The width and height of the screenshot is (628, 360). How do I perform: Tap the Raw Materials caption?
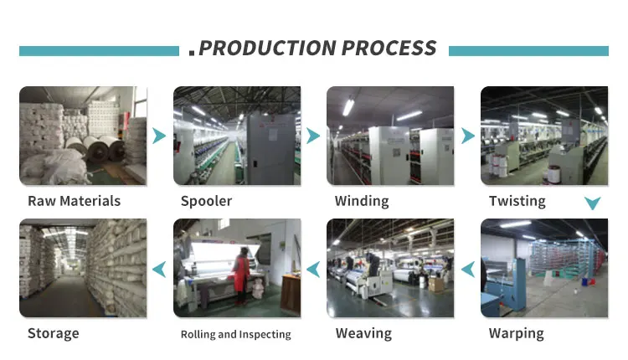[x=74, y=201]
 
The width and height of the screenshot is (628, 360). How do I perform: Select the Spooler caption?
[x=206, y=201]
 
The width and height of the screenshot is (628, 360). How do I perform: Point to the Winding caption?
[x=362, y=201]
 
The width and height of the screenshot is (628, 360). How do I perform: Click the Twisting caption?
[x=517, y=201]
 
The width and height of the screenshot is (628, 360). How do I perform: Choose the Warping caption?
[x=516, y=333]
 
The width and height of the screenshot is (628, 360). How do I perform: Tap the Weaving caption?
[x=363, y=333]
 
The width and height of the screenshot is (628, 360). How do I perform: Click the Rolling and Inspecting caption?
[x=236, y=334]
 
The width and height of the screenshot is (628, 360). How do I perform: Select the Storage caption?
[x=53, y=333]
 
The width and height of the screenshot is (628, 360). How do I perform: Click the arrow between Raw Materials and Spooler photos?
[x=159, y=136]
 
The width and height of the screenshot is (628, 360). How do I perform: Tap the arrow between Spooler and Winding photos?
[x=313, y=136]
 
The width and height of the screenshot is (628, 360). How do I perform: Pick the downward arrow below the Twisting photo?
[x=592, y=203]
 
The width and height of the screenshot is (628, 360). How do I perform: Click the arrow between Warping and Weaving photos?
[x=468, y=269]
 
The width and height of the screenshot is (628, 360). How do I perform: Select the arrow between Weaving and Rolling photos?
[x=313, y=269]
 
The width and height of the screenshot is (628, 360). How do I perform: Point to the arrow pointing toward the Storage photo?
[x=159, y=269]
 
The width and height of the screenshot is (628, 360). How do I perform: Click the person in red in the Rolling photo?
[x=242, y=272]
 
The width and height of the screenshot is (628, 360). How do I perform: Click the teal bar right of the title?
[x=528, y=51]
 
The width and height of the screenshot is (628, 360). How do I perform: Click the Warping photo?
[x=544, y=268]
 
